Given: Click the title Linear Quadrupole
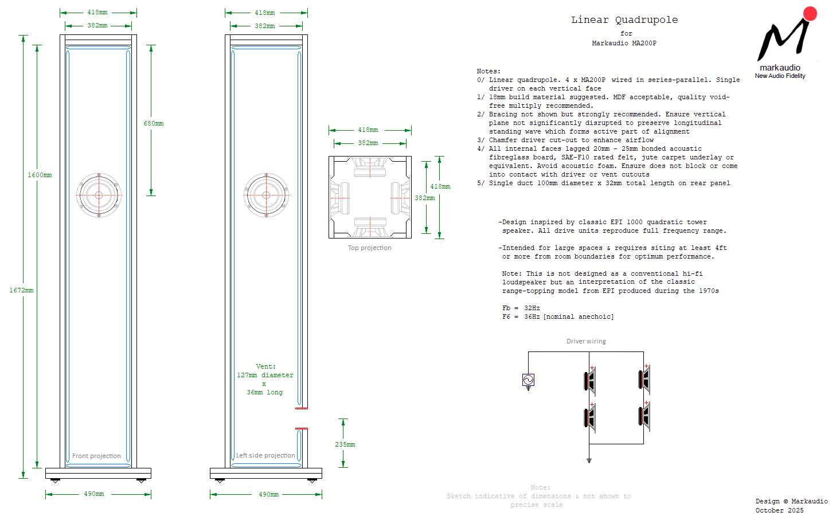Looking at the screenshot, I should tap(624, 20).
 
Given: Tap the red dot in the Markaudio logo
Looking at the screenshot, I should tap(810, 14).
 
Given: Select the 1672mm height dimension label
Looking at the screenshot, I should tap(21, 291).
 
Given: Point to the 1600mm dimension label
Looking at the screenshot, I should tap(40, 175).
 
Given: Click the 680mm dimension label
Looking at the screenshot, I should tap(154, 124).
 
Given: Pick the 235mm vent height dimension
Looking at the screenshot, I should tap(345, 445).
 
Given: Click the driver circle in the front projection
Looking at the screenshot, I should tap(99, 195).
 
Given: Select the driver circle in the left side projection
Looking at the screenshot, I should tap(266, 195).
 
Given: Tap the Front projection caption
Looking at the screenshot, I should tap(96, 456).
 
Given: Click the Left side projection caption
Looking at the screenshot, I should tap(265, 456).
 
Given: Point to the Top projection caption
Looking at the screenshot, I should tap(369, 248).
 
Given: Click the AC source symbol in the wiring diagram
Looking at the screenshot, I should tap(528, 380).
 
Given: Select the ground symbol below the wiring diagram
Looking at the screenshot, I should tap(589, 460).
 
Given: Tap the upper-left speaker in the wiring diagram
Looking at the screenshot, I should tap(590, 380).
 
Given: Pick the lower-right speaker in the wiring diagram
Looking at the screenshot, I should tap(644, 417).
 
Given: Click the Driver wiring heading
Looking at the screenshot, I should tap(586, 342).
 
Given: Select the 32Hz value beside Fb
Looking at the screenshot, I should tap(532, 308).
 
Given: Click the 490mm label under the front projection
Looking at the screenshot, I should tap(94, 494).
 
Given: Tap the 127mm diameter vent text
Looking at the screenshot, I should tap(265, 376).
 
